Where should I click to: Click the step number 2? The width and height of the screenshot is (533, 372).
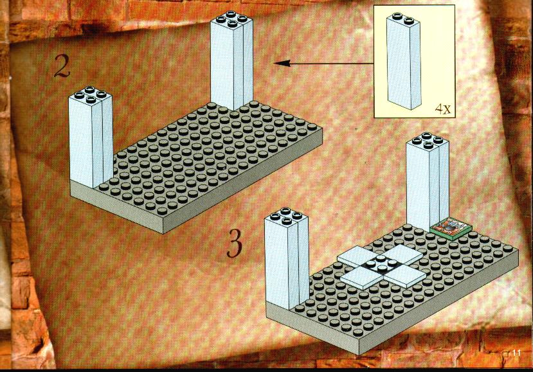62,66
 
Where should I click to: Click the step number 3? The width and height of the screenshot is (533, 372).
235,243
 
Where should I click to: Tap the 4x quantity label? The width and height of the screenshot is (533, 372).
443,109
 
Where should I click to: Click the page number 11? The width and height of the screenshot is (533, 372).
516,353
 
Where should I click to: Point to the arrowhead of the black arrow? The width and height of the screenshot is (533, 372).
282,63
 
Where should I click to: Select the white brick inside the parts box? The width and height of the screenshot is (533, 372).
404,61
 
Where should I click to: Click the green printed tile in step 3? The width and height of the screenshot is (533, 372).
451,228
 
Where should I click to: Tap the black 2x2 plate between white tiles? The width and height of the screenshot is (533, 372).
381,266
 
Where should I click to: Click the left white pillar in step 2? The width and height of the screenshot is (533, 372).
91,137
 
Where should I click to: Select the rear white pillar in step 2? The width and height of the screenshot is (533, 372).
231,60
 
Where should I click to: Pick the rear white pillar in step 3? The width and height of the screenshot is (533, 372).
428,182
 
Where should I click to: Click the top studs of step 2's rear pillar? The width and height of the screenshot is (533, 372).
231,19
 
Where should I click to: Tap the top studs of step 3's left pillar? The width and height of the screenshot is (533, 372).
286,216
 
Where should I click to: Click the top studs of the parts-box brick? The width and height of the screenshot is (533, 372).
402,19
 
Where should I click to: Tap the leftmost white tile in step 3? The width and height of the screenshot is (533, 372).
358,257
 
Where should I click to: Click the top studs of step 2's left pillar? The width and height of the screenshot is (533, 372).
90,94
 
